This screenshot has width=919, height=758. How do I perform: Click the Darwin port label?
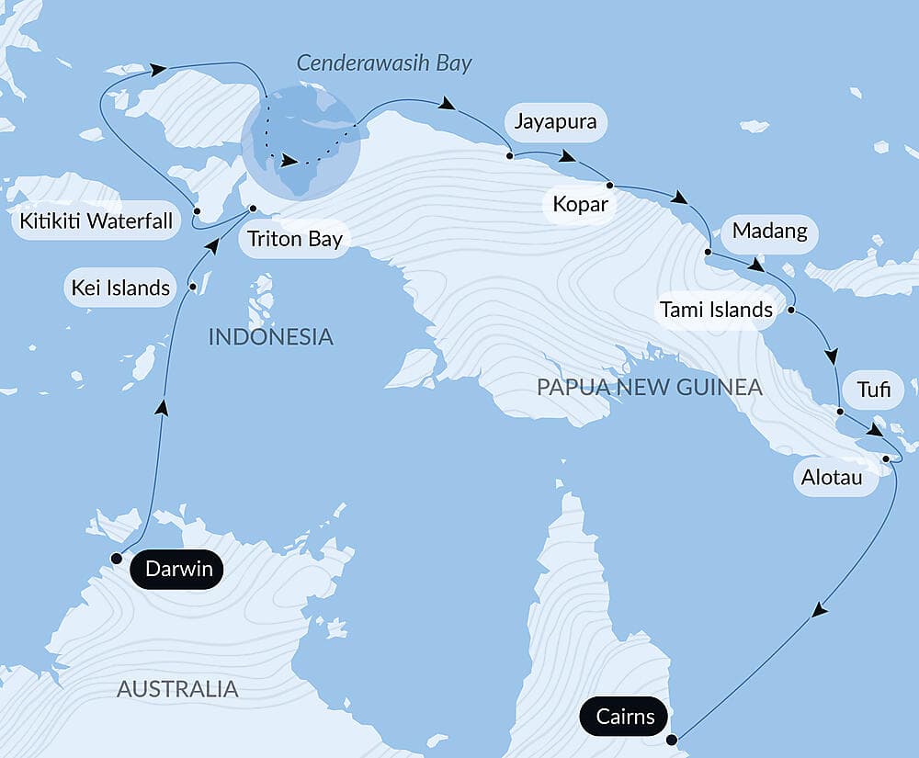click(176, 570)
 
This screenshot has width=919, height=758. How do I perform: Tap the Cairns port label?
click(624, 717)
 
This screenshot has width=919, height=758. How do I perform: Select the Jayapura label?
click(555, 121)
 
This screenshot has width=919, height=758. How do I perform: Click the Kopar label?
click(581, 204)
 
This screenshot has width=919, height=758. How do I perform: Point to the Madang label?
click(769, 232)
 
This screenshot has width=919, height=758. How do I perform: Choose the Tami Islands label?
click(716, 310)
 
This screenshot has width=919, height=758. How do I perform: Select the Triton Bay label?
click(293, 240)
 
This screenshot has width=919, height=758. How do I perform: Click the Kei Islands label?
click(120, 288)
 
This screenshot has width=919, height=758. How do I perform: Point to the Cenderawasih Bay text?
click(383, 63)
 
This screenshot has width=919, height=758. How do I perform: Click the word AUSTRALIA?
click(177, 688)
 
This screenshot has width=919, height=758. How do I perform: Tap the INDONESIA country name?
click(270, 336)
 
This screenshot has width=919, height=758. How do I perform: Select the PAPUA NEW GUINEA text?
click(650, 387)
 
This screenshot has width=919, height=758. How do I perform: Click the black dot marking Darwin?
click(117, 559)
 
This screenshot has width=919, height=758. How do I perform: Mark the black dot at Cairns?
click(672, 739)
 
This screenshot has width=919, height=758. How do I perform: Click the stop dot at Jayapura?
click(509, 156)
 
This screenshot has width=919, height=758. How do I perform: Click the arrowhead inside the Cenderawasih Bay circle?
click(289, 162)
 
